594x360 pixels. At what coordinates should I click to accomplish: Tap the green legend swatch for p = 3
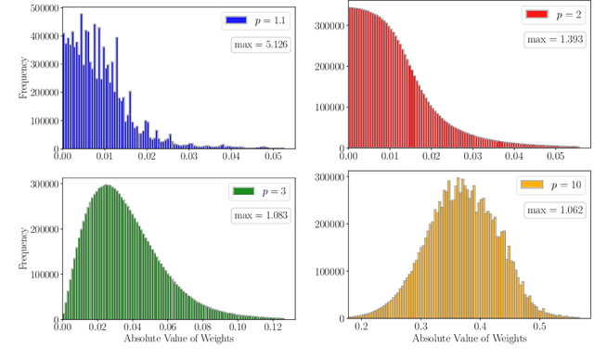243,191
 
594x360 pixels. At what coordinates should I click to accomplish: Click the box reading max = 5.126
259,45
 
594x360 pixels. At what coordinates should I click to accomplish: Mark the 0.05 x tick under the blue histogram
271,158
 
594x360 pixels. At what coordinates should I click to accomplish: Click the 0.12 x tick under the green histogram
271,327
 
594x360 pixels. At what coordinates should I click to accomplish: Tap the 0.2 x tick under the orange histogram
361,327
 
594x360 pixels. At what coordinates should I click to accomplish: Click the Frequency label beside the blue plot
8,79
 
